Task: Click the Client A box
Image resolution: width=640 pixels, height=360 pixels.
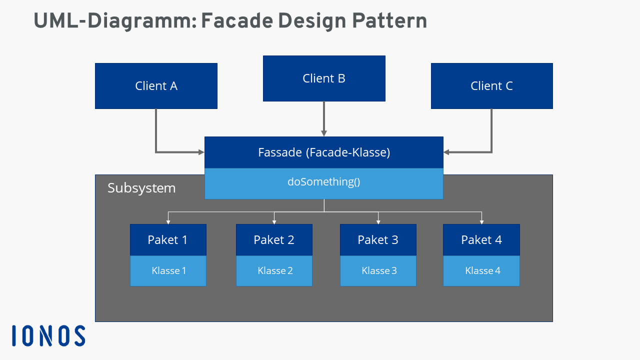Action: click(x=156, y=86)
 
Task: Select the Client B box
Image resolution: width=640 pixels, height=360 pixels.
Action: click(x=324, y=78)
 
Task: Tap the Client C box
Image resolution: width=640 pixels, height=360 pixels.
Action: click(x=491, y=86)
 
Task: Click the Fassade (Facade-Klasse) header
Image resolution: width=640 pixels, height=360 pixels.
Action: click(x=324, y=152)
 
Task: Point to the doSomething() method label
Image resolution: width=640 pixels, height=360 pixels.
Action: click(x=324, y=181)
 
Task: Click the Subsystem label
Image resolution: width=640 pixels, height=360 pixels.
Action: click(x=141, y=188)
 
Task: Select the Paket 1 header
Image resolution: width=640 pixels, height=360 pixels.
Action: click(x=168, y=239)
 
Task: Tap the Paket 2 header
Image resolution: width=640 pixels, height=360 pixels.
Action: click(x=274, y=239)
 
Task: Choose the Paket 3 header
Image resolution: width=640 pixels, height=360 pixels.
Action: click(x=378, y=239)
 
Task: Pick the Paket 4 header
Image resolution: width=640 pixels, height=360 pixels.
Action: click(x=481, y=239)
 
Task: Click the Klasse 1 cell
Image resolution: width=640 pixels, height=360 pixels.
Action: click(x=168, y=271)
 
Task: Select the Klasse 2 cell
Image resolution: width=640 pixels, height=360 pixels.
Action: click(x=274, y=271)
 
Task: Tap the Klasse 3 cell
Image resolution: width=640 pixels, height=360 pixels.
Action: click(x=378, y=271)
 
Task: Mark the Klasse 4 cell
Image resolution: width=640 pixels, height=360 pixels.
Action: click(x=481, y=271)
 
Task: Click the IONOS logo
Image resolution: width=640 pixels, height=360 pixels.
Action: click(x=48, y=335)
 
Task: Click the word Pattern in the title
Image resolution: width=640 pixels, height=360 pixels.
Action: click(x=389, y=21)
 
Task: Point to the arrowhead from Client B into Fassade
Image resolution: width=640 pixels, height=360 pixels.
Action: click(x=324, y=133)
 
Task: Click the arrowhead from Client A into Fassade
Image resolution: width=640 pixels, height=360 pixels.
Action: click(x=201, y=152)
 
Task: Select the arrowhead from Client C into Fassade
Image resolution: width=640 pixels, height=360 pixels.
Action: click(x=446, y=152)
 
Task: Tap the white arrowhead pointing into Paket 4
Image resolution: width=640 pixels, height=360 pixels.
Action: click(x=481, y=222)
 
